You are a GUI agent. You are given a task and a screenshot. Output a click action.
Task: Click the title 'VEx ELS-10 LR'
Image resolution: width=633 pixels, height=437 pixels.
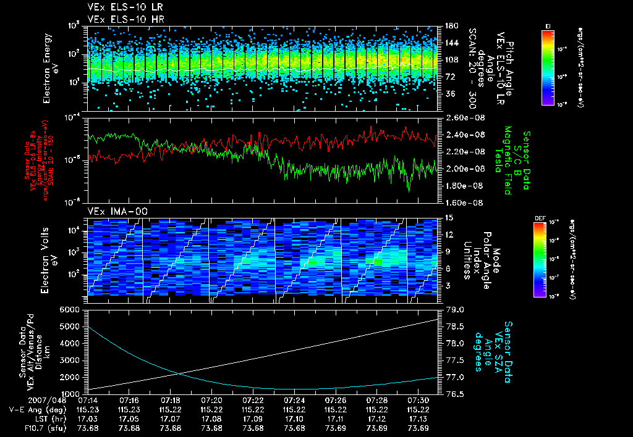pos(121,8)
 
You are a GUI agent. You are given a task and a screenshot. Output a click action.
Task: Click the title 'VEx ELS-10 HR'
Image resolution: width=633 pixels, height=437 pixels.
pos(121,19)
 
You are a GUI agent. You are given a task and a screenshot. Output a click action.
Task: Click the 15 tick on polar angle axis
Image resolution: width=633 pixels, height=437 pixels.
pos(444,217)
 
